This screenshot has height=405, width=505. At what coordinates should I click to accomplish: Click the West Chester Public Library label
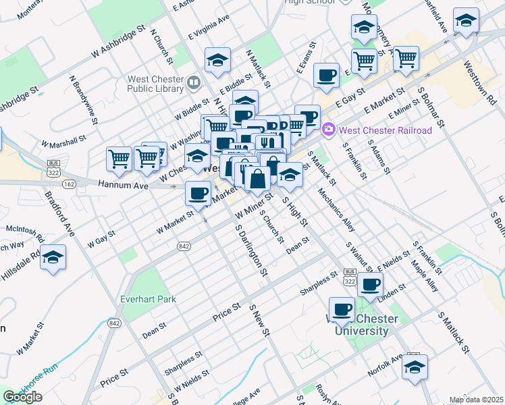click(x=155, y=83)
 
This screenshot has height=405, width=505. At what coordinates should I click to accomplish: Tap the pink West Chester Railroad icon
click(x=329, y=128)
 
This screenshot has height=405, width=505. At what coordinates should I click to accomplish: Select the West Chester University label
click(x=358, y=325)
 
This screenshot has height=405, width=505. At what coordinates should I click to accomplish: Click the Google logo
click(x=22, y=397)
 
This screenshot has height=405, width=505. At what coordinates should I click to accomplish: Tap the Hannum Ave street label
click(x=122, y=184)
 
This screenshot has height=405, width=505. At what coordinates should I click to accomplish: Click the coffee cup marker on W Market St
click(x=198, y=194)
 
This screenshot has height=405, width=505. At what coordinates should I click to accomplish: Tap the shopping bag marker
click(x=257, y=180)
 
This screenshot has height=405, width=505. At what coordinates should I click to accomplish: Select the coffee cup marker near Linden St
click(x=370, y=285)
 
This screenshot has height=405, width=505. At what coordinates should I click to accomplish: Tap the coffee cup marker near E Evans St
click(x=326, y=76)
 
